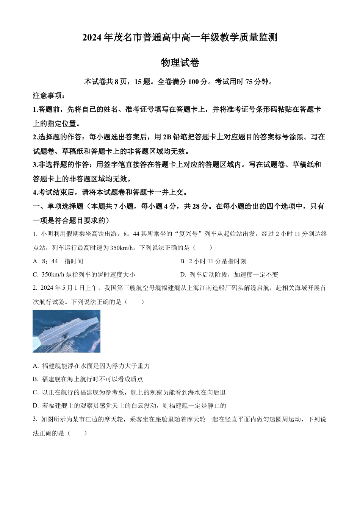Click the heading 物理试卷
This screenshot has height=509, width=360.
(x=180, y=63)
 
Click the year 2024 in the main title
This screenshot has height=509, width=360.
(x=92, y=38)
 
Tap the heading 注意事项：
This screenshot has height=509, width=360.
(x=49, y=95)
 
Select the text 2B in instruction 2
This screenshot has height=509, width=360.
(x=167, y=137)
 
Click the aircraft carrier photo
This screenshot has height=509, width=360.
(x=66, y=331)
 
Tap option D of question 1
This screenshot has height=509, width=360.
(x=229, y=275)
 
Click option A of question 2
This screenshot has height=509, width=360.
(x=91, y=366)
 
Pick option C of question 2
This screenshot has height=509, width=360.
(x=129, y=393)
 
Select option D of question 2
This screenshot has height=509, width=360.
(x=129, y=406)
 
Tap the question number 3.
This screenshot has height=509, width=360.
(x=35, y=419)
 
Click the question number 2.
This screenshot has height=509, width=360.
(x=35, y=288)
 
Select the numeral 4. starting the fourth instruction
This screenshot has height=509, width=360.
(x=35, y=192)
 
